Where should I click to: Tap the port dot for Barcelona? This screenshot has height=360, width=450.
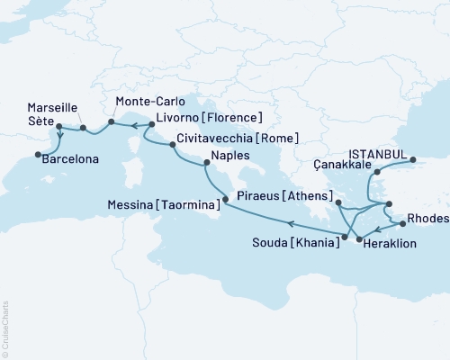(x=38, y=155)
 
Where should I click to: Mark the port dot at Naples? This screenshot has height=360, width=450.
(x=207, y=163)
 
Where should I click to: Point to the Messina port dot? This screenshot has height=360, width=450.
(x=223, y=205)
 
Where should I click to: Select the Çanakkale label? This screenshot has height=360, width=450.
(x=344, y=165)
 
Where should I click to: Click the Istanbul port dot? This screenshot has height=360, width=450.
(x=415, y=161)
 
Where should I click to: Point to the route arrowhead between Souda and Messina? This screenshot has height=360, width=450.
(x=291, y=225)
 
